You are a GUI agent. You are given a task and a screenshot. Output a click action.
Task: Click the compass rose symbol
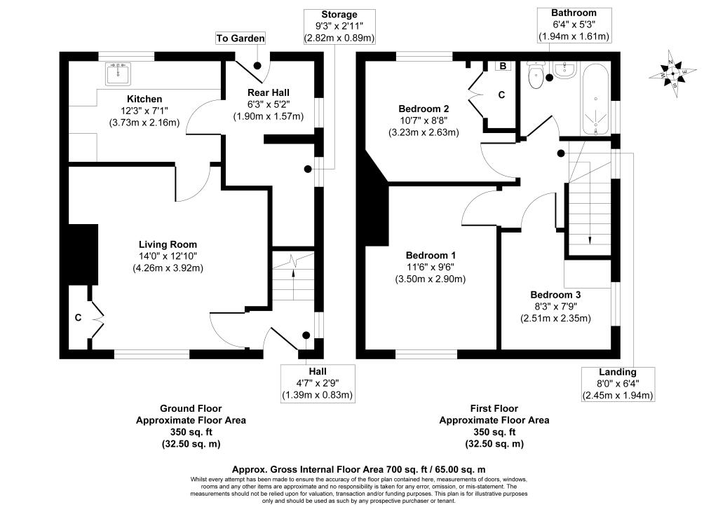click(672, 74)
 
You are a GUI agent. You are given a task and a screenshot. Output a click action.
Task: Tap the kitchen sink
click(118, 74)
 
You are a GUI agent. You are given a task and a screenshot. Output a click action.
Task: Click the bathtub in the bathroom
click(595, 98)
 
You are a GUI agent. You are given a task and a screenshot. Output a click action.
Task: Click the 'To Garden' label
click(241, 38)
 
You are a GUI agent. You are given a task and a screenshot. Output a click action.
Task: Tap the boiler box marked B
click(503, 66)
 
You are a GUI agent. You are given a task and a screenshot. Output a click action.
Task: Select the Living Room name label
click(168, 244)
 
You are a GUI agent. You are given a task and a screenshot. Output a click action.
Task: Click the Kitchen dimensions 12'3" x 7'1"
click(144, 111)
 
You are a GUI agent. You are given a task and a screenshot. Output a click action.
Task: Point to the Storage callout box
click(339, 27)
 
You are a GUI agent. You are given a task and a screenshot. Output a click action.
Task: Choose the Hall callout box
click(318, 383)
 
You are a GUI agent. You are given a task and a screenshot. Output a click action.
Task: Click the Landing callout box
click(618, 384)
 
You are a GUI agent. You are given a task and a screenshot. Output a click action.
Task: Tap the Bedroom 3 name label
click(555, 295)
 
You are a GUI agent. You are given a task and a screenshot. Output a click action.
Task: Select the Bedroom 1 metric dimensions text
click(431, 279)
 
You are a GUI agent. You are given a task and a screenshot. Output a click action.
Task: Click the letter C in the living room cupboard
click(79, 317)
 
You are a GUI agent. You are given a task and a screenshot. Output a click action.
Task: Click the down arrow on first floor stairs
click(590, 215)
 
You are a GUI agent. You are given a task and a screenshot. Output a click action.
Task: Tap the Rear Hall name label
click(269, 93)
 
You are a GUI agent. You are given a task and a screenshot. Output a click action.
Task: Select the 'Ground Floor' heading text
click(191, 409)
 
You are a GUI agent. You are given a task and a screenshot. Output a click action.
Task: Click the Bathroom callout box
click(574, 25)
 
